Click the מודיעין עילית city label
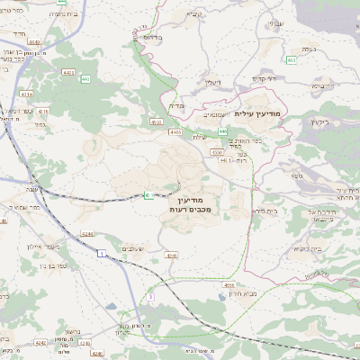point(257,114)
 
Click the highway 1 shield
point(103,256)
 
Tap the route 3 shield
point(151,296)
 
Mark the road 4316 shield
point(42,111)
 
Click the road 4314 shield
point(28,93)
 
